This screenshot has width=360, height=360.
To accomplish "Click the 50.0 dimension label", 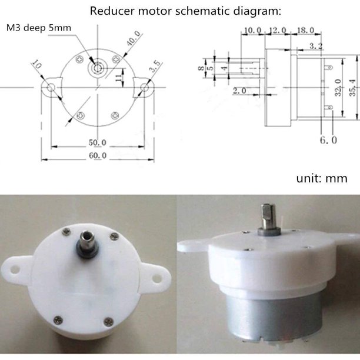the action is click(97, 142).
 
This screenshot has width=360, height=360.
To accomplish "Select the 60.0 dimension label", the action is click(98, 156).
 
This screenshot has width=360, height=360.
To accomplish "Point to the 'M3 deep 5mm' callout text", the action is click(39, 28).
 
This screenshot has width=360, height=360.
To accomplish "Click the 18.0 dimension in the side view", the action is click(305, 30).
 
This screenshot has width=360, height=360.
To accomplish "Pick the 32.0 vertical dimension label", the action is click(338, 88).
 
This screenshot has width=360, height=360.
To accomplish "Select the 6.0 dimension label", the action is click(328, 140).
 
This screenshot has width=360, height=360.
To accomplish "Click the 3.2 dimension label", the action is click(316, 46).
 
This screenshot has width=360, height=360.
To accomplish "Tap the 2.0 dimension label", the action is click(239, 91).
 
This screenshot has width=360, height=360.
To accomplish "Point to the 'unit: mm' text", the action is click(322, 178).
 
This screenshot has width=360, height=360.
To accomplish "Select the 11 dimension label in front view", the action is click(118, 78).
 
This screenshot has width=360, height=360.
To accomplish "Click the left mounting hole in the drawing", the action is click(51, 88).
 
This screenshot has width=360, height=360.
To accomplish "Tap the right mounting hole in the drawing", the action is click(144, 88).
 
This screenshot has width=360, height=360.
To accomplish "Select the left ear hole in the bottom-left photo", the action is click(14, 269).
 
